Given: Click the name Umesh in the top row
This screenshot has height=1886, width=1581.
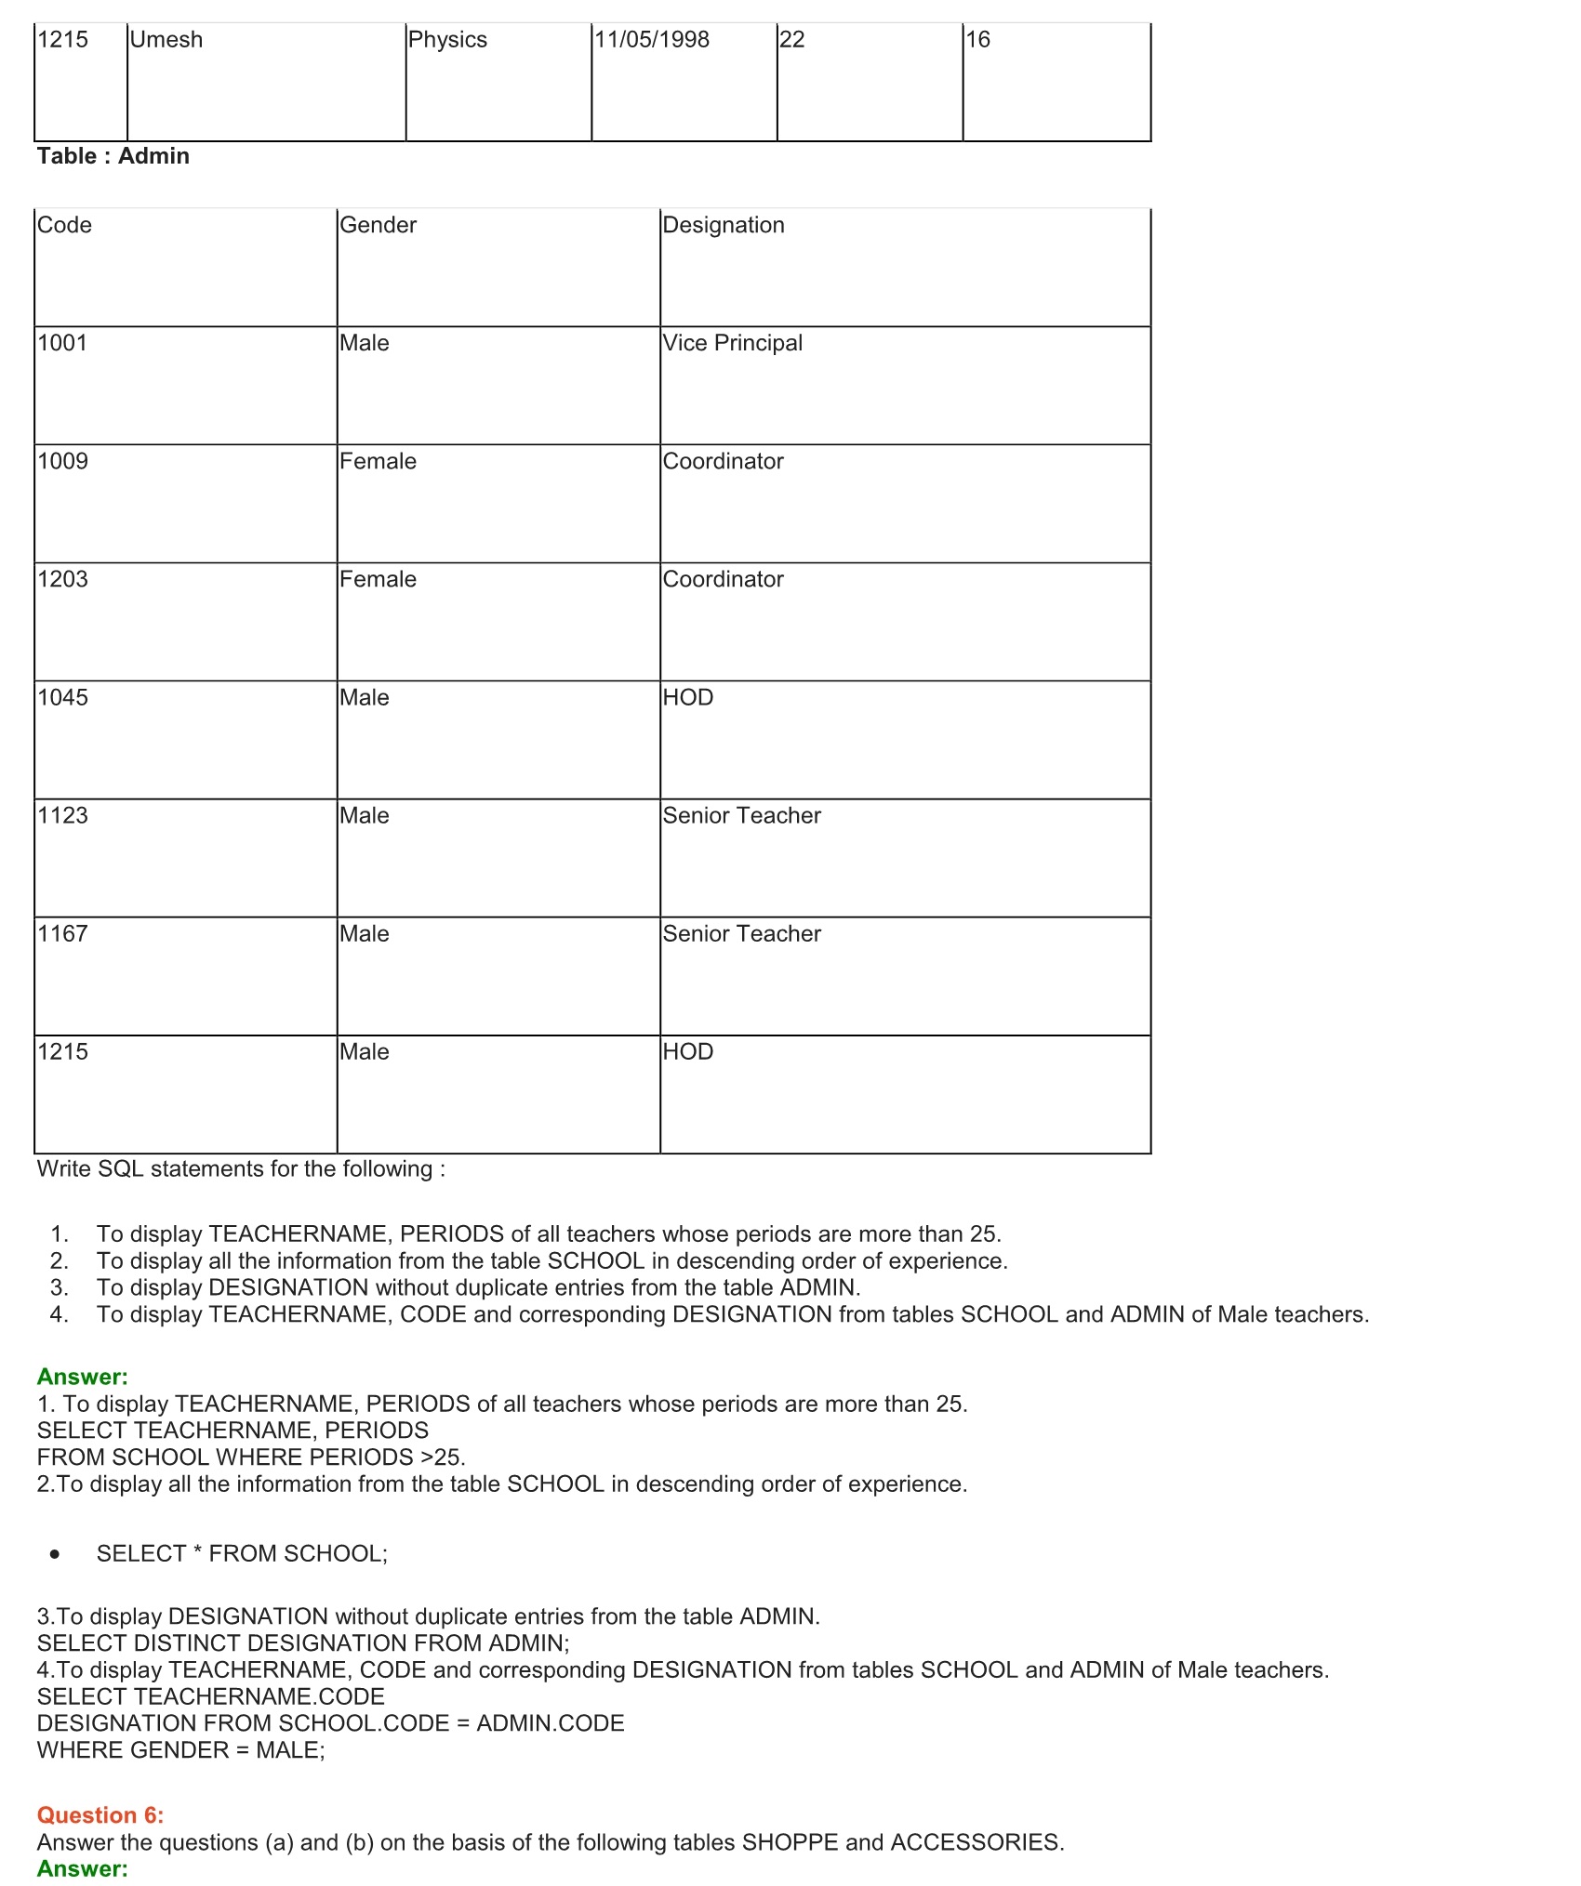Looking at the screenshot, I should [166, 40].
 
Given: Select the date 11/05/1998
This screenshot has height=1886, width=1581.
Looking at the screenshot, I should [651, 40].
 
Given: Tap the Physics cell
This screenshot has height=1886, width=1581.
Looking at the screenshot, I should [447, 40].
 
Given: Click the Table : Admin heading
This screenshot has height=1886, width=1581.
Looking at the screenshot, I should [113, 156].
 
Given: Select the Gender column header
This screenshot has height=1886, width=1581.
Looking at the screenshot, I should [378, 225].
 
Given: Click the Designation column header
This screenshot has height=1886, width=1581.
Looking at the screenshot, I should [724, 225].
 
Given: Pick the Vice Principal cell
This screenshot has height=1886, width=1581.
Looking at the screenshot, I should [733, 343].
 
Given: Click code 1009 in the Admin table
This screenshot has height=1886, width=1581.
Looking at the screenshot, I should [63, 461].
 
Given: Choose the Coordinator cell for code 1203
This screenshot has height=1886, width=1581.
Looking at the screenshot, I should [724, 579].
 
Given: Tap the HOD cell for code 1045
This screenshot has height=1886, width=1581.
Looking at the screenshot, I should [688, 697].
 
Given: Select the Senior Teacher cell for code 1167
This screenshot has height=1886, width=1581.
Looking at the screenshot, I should [742, 933].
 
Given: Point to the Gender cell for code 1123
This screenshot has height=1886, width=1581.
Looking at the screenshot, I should [365, 815].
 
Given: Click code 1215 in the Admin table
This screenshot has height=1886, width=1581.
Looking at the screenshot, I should [63, 1051].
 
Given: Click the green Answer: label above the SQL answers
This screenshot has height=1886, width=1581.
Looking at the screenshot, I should [83, 1377].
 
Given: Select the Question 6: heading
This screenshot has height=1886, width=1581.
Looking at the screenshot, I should [100, 1814].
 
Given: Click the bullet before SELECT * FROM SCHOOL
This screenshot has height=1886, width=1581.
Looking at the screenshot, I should [56, 1554].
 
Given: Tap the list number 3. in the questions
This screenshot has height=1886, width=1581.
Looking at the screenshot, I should [60, 1287].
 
